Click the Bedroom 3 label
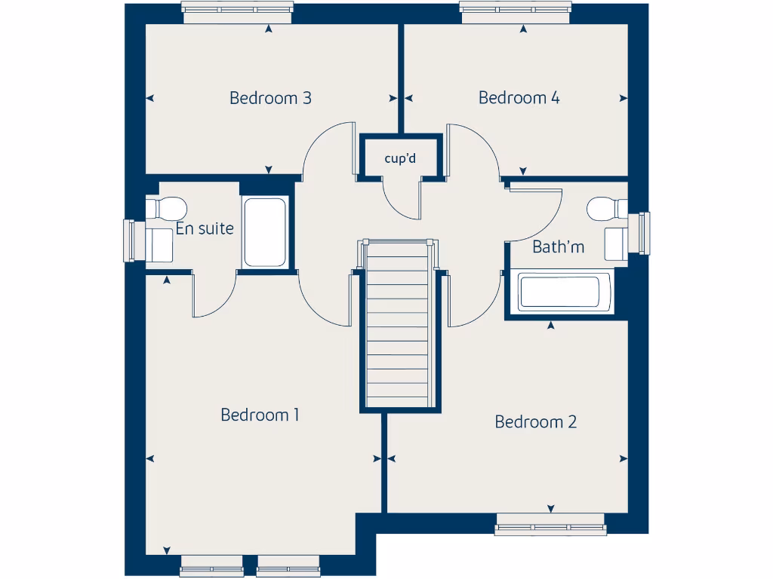click(270, 98)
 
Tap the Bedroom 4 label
click(519, 98)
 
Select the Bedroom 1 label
click(260, 415)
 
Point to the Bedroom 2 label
click(535, 422)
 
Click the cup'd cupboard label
click(400, 158)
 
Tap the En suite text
click(205, 228)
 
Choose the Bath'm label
click(558, 247)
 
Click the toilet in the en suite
click(168, 207)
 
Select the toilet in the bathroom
click(607, 208)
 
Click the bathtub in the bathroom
click(559, 292)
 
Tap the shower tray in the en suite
click(265, 231)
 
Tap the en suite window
click(128, 241)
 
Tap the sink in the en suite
click(160, 244)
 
